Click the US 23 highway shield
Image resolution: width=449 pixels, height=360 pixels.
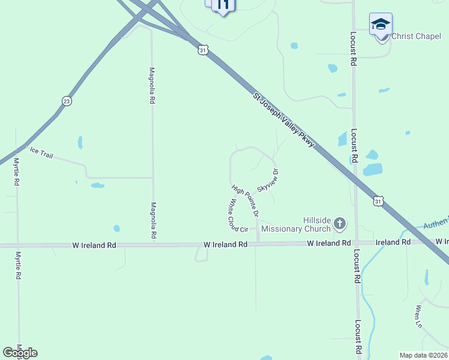pyautogui.click(x=67, y=101)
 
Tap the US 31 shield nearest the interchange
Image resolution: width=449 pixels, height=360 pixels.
pyautogui.click(x=203, y=50)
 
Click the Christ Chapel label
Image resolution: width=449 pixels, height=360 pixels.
pyautogui.click(x=416, y=37)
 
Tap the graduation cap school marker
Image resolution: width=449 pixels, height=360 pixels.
pyautogui.click(x=381, y=25)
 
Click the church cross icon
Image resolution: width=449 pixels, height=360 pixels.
pyautogui.click(x=340, y=224)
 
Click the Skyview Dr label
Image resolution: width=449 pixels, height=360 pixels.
pyautogui.click(x=268, y=180)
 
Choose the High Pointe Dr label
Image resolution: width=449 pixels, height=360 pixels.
pyautogui.click(x=246, y=200)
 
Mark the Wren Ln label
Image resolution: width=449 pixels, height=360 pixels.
pyautogui.click(x=418, y=317)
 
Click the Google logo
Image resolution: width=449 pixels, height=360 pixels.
pyautogui.click(x=20, y=353)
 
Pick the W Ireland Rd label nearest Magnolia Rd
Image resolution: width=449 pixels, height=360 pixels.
pyautogui.click(x=94, y=245)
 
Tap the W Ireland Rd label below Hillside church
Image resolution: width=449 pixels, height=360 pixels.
pyautogui.click(x=328, y=243)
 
